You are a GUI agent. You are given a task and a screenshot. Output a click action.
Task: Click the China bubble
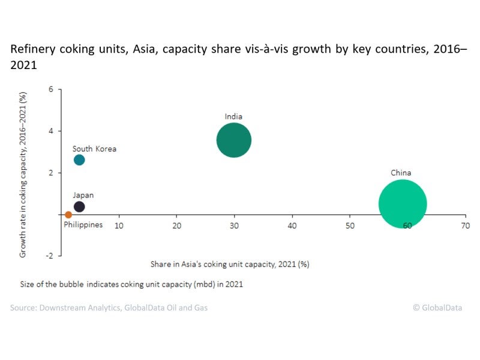[403, 204]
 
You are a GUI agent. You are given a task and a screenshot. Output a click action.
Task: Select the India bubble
[233, 140]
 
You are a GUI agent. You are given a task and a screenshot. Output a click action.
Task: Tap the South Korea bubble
[79, 160]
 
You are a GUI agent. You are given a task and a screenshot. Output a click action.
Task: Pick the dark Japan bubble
[79, 206]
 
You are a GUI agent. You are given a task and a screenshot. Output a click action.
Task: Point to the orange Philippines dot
[68, 214]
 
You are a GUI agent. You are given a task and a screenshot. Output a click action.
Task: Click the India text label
[233, 116]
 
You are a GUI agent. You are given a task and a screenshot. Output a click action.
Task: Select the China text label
[401, 173]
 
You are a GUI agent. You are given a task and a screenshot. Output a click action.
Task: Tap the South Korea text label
[94, 149]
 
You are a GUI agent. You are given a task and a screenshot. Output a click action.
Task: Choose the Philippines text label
[83, 225]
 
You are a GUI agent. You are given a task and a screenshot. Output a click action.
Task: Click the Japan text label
[83, 195]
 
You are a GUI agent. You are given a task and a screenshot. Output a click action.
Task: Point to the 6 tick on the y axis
[51, 89]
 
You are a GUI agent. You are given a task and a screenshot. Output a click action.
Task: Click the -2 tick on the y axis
[50, 256]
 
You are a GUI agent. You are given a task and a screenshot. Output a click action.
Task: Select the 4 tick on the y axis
[51, 131]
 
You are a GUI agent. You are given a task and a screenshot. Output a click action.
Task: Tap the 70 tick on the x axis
[465, 226]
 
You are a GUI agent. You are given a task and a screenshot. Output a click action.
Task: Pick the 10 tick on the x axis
[119, 226]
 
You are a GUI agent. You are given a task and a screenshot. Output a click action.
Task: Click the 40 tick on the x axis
[292, 226]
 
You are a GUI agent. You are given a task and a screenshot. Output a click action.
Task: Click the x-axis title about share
[230, 263]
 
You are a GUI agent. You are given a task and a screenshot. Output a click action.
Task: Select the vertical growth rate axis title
[23, 175]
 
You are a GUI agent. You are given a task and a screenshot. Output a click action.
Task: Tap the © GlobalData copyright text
[437, 308]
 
